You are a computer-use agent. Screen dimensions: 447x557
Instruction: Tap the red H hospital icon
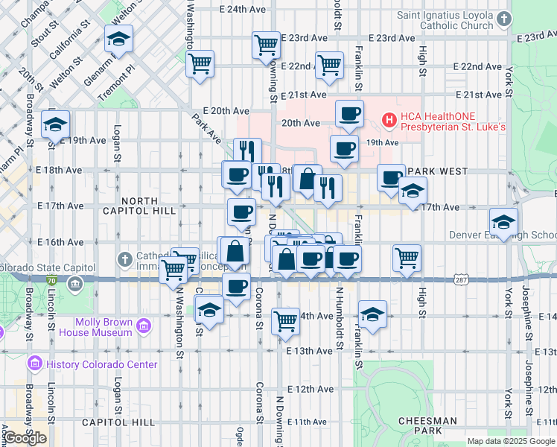coord(389,119)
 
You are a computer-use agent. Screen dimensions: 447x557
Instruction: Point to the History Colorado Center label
coord(101,364)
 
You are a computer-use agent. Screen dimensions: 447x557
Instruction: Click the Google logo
coord(25,438)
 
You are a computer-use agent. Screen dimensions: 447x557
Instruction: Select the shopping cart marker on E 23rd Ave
coord(266,44)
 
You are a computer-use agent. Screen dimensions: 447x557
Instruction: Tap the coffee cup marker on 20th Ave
coord(349,113)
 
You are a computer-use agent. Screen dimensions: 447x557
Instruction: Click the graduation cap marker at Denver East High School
coord(503,221)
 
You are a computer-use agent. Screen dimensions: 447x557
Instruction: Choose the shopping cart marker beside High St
coord(407,258)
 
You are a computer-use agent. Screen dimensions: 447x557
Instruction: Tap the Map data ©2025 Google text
coord(511,441)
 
